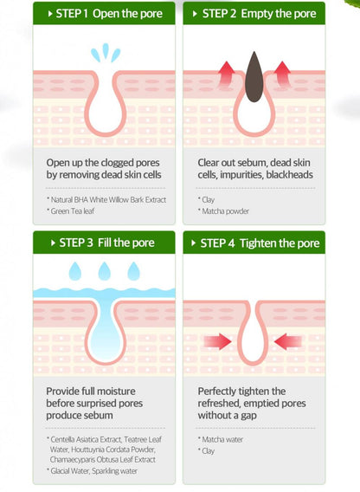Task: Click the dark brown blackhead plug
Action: point(254,77)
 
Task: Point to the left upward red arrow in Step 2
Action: point(227,74)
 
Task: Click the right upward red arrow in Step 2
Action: point(282,74)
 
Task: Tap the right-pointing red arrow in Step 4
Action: point(217,341)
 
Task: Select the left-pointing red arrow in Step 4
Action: point(288,341)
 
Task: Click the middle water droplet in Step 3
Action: point(105,271)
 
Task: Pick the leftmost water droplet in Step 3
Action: point(75,271)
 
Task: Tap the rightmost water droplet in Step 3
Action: point(133,271)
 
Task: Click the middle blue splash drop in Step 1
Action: point(106,50)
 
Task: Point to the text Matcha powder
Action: point(226,211)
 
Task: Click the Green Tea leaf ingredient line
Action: point(73,211)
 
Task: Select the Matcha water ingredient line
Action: point(222,440)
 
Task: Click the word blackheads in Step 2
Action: point(289,175)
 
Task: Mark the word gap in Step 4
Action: point(248,416)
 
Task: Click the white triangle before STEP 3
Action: point(53,243)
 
